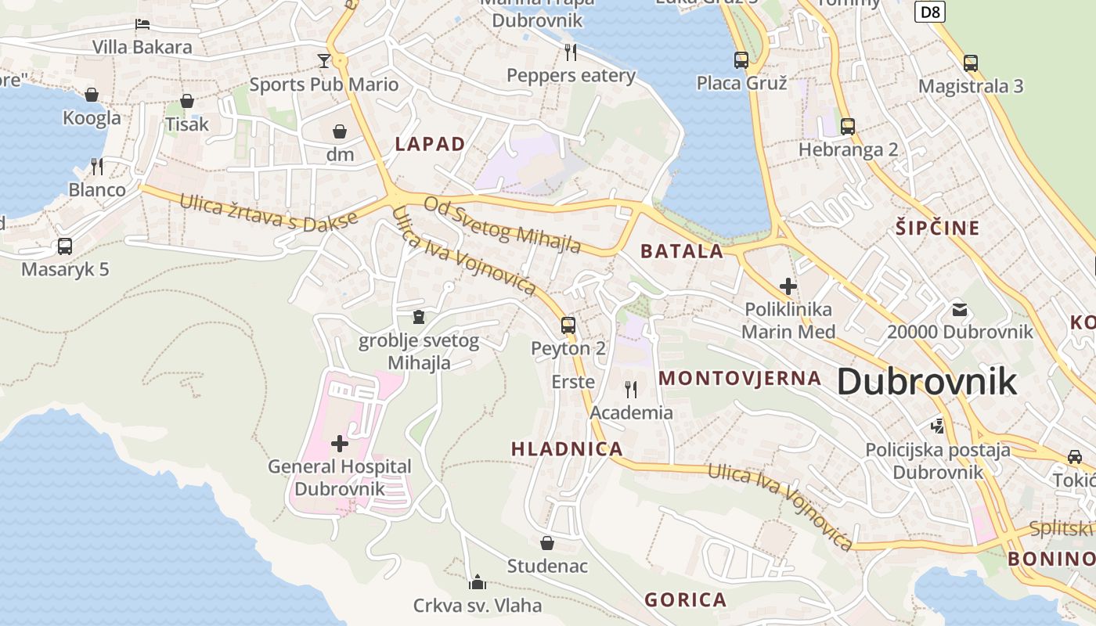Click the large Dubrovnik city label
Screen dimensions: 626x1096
pos(927,382)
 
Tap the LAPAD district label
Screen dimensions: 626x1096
pos(430,144)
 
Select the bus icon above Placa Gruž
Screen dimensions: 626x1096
pos(741,59)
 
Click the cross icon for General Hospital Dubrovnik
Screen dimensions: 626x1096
pos(340,444)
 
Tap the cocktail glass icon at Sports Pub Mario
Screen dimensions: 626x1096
pos(323,61)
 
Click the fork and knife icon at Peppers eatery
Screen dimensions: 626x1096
pos(571,52)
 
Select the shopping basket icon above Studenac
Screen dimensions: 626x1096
pos(547,542)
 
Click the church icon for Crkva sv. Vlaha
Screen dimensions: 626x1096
pos(477,581)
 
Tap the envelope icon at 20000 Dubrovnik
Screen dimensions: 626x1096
pos(960,309)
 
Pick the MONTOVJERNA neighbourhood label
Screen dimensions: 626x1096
pos(740,379)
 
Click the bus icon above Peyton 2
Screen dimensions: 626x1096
pos(568,325)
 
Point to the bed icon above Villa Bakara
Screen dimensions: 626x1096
pos(142,23)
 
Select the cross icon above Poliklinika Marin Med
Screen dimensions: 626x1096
pos(788,286)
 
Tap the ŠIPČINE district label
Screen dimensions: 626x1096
pos(937,228)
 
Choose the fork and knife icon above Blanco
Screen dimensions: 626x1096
pos(97,166)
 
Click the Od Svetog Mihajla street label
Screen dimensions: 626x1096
pos(502,225)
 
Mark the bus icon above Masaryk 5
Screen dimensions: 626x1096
pos(65,246)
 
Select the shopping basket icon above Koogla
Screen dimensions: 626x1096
pos(92,95)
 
